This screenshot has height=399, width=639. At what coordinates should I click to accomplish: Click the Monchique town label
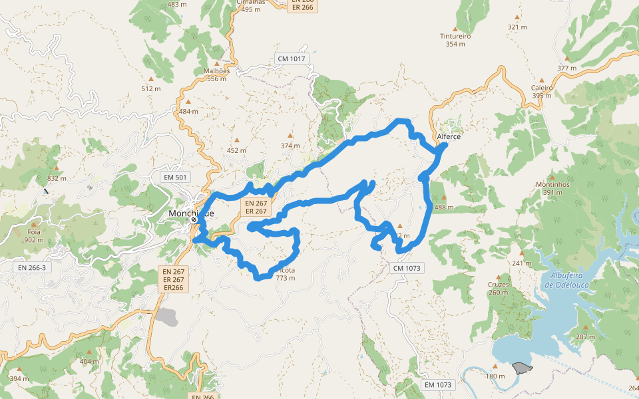pos(191,213)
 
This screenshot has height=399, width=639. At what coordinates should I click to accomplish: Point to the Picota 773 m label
pos(285,274)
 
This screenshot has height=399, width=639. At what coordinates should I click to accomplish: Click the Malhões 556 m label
pos(216,74)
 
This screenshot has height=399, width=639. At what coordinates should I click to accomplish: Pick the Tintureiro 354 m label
pos(455,40)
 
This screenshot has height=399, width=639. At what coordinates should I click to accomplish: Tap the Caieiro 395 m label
pos(542,91)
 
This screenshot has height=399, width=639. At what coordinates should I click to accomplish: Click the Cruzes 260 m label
pos(498,289)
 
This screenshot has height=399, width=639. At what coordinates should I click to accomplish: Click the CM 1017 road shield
pos(292,59)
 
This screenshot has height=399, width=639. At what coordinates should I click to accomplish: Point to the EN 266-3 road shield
pos(31,267)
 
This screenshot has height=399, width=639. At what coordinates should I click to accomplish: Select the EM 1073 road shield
pos(438,384)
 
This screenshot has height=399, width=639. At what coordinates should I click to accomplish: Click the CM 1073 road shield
pos(407,267)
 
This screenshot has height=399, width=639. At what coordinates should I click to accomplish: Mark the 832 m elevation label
pos(57,178)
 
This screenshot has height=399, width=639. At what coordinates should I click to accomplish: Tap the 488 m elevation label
pos(444,207)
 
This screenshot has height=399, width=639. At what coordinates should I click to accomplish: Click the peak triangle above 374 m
pos(290,136)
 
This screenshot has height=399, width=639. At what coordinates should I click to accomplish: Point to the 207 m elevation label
pos(586,336)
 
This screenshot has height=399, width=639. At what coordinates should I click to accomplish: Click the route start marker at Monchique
pos(194,219)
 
